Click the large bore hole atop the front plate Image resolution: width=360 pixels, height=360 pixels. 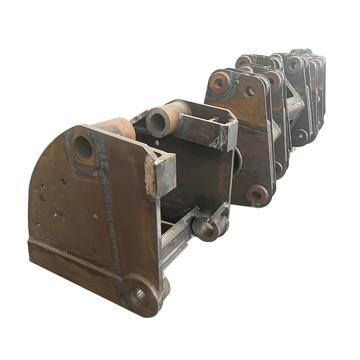tap(83, 147)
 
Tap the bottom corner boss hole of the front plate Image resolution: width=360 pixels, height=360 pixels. tap(140, 297)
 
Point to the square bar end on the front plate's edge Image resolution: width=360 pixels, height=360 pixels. tap(165, 175)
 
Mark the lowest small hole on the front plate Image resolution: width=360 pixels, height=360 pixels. tap(39, 225)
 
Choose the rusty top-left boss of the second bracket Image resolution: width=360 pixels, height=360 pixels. tap(219, 83)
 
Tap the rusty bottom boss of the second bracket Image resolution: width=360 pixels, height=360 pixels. tap(256, 195)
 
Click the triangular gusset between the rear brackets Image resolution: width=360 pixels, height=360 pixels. tap(294, 103)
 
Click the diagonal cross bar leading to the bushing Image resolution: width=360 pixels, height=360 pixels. tap(180, 230)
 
